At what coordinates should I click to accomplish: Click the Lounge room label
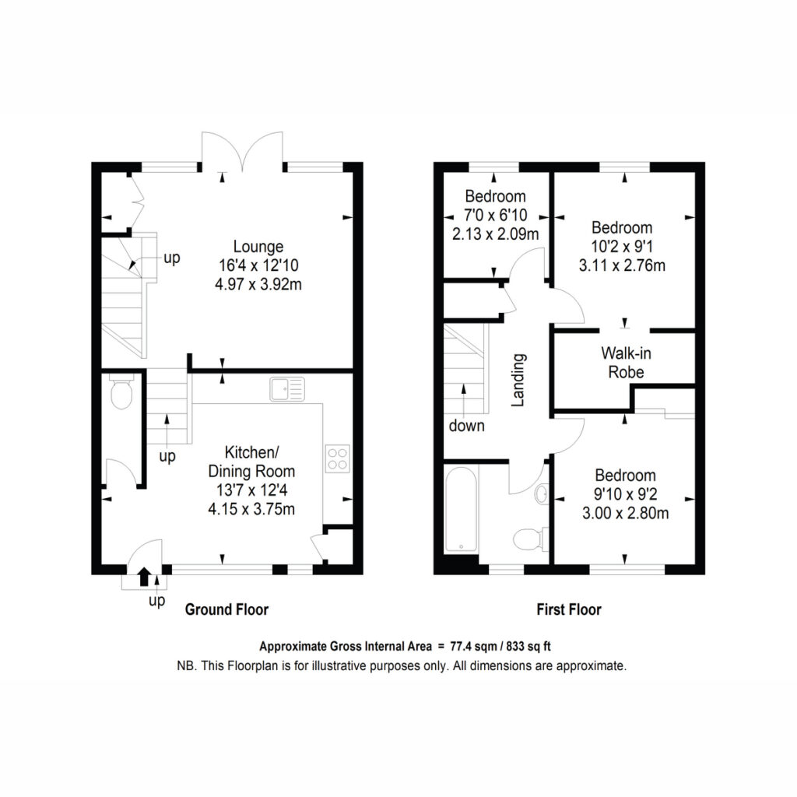pyautogui.click(x=258, y=247)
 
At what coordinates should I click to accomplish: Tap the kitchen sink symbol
pyautogui.click(x=287, y=389)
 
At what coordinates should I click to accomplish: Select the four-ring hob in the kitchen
pyautogui.click(x=338, y=458)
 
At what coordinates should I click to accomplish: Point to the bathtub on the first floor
pyautogui.click(x=461, y=509)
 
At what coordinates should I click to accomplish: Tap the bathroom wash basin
pyautogui.click(x=542, y=493)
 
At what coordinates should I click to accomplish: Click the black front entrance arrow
pyautogui.click(x=144, y=577)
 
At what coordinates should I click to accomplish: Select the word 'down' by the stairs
pyautogui.click(x=467, y=426)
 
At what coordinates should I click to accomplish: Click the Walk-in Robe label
pyautogui.click(x=626, y=363)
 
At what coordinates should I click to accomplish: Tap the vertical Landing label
pyautogui.click(x=518, y=380)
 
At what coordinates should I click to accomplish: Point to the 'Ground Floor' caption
pyautogui.click(x=226, y=609)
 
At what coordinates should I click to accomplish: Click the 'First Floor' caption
pyautogui.click(x=569, y=609)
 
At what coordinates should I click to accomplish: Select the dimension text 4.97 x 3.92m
pyautogui.click(x=258, y=284)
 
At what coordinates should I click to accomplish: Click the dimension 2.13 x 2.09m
pyautogui.click(x=496, y=234)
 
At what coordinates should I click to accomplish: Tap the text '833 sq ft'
pyautogui.click(x=528, y=647)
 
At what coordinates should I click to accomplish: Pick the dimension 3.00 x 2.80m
pyautogui.click(x=626, y=513)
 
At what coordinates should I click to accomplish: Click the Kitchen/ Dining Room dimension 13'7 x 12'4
pyautogui.click(x=251, y=490)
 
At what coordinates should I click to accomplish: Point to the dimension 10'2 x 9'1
pyautogui.click(x=622, y=247)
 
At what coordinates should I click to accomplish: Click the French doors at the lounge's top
pyautogui.click(x=243, y=150)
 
